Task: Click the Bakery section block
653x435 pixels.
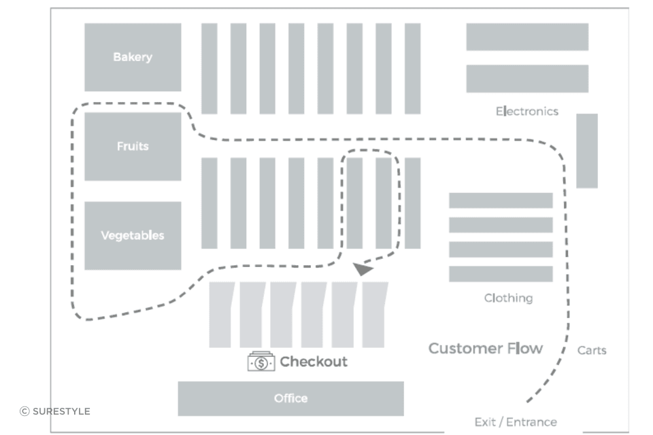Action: pos(133,57)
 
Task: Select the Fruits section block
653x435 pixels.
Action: pos(133,146)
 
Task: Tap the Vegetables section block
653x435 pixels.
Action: pos(133,236)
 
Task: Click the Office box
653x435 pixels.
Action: pos(290,398)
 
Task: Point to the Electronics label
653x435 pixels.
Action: pos(526,111)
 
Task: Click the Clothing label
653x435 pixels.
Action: pos(508,298)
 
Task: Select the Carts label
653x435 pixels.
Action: pos(592,351)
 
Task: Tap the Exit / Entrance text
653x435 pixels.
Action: pos(516,422)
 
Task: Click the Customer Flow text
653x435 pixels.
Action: pos(486,349)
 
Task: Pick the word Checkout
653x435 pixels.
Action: pos(314,362)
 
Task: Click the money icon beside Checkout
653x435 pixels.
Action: pos(261,362)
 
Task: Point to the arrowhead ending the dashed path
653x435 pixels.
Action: pos(363,269)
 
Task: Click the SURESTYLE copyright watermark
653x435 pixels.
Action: pos(55,411)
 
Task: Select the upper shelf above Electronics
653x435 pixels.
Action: pos(527,37)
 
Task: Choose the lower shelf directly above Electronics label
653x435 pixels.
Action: pos(527,79)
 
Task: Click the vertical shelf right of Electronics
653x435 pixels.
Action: pos(587,151)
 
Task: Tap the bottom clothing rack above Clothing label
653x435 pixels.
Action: pos(501,274)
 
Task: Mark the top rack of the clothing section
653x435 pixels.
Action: pos(501,201)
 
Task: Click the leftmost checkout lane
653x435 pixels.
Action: pos(221,315)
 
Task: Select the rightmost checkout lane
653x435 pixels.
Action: pos(374,315)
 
